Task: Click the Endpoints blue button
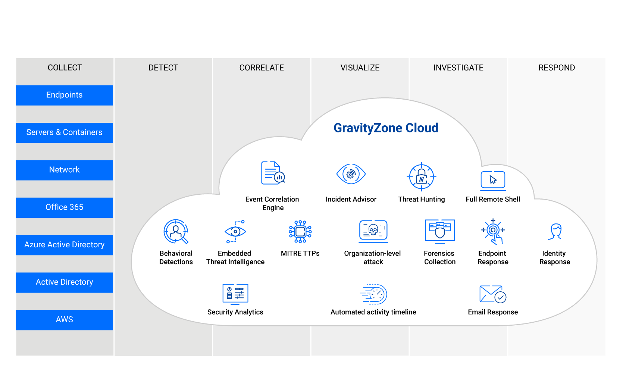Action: point(64,95)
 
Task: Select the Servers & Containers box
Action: point(64,132)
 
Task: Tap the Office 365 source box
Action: point(64,207)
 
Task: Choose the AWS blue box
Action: point(64,320)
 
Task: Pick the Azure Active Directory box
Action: point(64,245)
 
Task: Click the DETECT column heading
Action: point(163,68)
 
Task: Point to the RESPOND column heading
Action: point(557,68)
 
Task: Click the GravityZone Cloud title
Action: point(386,128)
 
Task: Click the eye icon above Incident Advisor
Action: point(351,174)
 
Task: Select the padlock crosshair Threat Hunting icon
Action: point(422,176)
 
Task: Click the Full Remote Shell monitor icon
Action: point(493,181)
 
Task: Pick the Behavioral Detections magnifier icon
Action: point(176,231)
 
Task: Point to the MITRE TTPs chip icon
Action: point(300,232)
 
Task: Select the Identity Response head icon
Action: point(555,231)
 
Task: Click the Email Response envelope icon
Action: point(493,294)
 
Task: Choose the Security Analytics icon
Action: point(235,294)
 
